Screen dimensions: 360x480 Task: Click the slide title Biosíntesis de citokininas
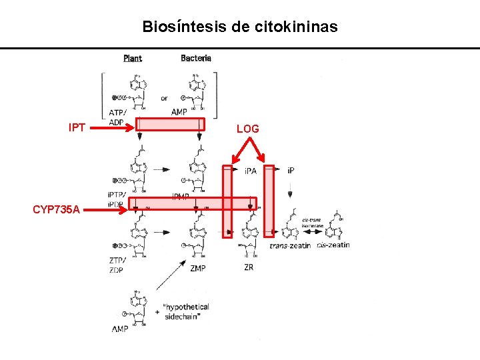point(240,27)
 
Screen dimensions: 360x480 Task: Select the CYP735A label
point(57,210)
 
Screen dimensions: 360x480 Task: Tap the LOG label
point(248,128)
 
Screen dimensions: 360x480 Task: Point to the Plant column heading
point(133,59)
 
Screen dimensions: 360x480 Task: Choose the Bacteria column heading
point(196,58)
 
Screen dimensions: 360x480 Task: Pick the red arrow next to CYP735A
point(107,210)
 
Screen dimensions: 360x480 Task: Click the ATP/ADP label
point(116,116)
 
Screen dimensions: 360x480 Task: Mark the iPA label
point(251,171)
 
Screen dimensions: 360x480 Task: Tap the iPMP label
point(181,197)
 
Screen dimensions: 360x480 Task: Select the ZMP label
point(197,268)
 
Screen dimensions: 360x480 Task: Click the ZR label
point(248,267)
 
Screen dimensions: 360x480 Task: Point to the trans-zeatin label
point(291,246)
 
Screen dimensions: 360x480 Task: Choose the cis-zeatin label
point(333,245)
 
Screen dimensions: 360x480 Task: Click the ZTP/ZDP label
point(117,265)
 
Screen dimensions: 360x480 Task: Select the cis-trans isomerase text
point(313,223)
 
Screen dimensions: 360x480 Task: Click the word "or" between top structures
point(164,99)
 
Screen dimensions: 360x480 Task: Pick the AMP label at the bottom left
point(121,329)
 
